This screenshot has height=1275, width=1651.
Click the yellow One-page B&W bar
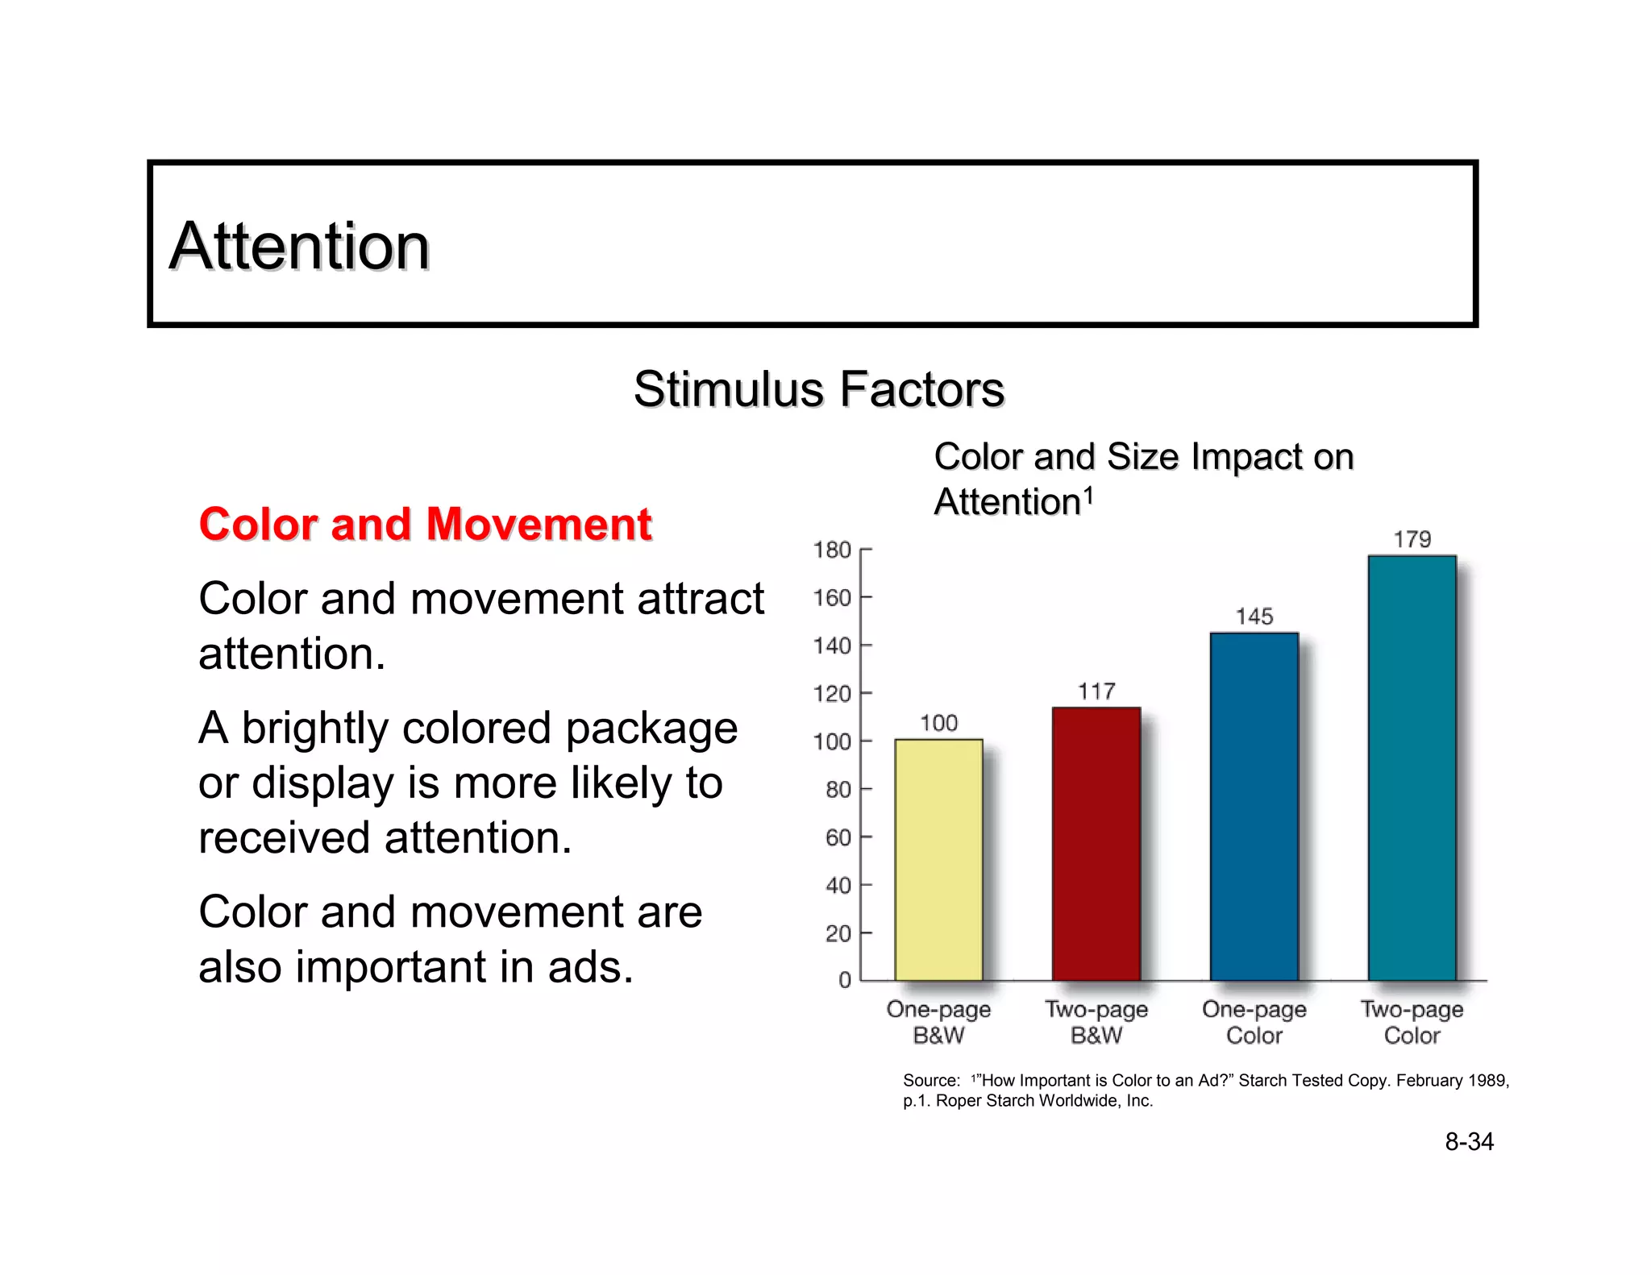click(938, 859)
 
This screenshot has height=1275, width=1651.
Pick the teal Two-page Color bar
click(1412, 767)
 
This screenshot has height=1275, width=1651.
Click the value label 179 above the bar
click(1412, 539)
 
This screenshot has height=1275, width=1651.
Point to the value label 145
click(1254, 617)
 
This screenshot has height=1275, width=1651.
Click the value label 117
click(1096, 691)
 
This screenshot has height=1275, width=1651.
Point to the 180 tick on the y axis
click(832, 550)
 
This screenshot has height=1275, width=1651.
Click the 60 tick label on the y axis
click(838, 837)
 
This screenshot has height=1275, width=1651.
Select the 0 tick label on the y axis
click(844, 980)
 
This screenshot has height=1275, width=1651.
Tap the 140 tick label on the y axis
click(832, 646)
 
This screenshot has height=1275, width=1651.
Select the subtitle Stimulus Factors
click(818, 389)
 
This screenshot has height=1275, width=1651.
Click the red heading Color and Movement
click(425, 524)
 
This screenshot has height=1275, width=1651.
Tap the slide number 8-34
click(1469, 1141)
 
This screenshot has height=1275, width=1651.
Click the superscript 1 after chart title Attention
click(1088, 494)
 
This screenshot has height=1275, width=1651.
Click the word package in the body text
click(651, 729)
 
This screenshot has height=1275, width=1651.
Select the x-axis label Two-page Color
click(1412, 1022)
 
